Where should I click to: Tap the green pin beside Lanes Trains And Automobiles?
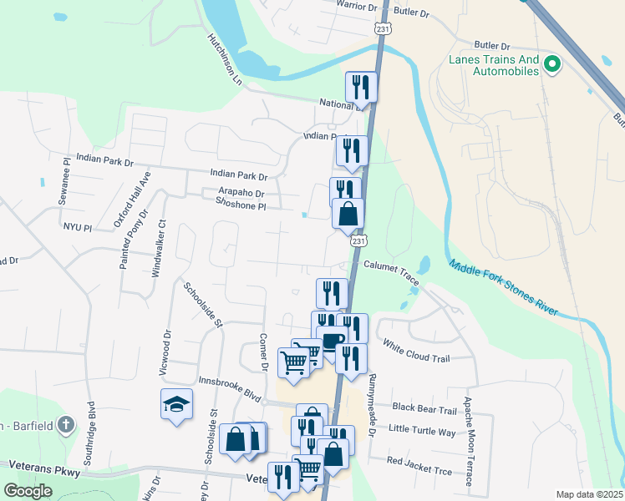tap(551, 63)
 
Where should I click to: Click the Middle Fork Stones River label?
tap(502, 288)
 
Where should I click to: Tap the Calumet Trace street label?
tap(391, 271)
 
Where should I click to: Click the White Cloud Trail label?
tap(416, 351)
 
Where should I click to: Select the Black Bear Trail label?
tap(424, 409)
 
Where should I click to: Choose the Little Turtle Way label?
tap(423, 431)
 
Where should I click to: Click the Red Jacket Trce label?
tap(419, 466)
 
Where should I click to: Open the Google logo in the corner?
tap(28, 491)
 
